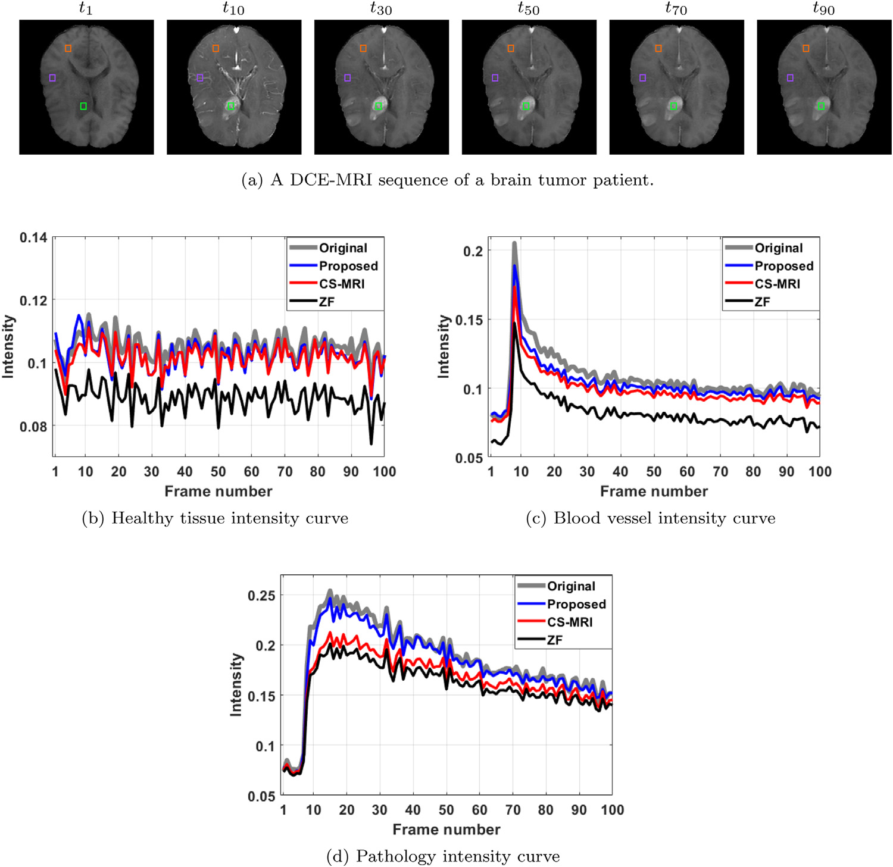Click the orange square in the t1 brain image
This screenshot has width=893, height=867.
68,48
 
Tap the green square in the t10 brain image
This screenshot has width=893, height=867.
231,106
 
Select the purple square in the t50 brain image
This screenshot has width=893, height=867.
495,78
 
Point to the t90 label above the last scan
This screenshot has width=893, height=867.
823,8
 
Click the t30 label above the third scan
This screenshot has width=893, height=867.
381,8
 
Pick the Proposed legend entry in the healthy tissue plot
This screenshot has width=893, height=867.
348,266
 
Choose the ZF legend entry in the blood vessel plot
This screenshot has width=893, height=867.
762,302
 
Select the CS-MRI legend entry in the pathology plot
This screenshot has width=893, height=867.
570,622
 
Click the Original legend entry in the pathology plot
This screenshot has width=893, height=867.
571,586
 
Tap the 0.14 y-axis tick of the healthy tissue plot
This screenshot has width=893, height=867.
33,238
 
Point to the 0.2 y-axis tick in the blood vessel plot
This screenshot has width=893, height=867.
473,251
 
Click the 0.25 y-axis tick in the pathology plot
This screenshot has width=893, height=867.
261,596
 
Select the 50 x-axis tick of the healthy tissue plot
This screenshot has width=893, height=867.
218,472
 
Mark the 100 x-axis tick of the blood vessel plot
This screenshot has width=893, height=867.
820,472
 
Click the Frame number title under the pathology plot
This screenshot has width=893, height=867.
447,830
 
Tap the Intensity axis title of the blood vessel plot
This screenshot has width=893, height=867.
444,346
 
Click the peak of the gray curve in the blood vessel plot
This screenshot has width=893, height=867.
514,243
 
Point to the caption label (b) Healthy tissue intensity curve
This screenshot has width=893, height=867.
215,518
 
